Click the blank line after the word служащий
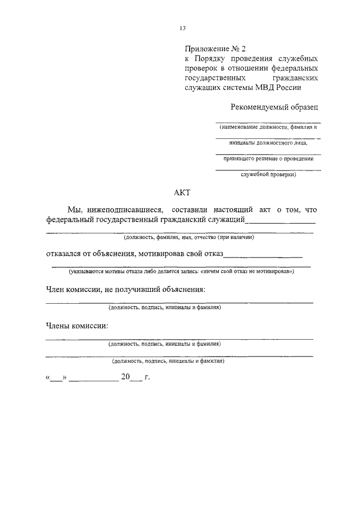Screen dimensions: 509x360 click(281, 222)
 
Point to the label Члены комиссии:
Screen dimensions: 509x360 click(77, 326)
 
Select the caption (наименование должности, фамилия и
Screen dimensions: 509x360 click(269, 127)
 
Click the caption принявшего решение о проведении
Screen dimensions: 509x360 click(268, 159)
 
